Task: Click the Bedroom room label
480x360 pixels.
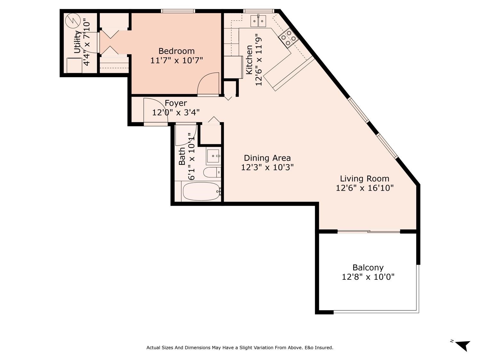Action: pos(176,51)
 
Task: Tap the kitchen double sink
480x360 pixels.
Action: pos(258,21)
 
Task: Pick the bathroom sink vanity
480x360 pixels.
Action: pos(213,156)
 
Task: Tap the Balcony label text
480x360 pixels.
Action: pos(368,268)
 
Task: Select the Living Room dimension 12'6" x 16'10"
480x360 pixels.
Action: pos(364,188)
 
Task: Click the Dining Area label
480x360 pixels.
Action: pos(267,158)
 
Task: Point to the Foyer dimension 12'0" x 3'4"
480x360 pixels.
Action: pos(176,112)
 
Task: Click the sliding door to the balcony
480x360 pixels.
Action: pos(369,231)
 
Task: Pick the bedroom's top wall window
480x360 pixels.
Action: pos(178,11)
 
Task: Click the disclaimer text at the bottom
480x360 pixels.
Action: pos(240,348)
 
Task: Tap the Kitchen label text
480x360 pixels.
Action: pos(249,60)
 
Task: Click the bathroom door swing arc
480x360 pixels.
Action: pos(186,134)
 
